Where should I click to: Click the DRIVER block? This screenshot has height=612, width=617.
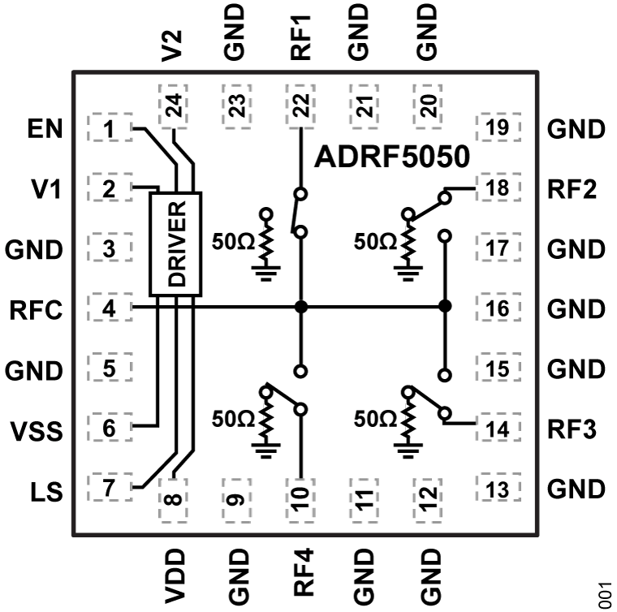tap(175, 244)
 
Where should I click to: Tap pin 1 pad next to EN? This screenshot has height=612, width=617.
tap(109, 128)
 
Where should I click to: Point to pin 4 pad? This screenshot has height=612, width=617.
tap(109, 308)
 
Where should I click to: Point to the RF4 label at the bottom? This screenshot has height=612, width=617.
tap(300, 572)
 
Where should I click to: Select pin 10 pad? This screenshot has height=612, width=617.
tap(301, 493)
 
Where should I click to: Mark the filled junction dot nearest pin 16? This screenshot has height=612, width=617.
tap(444, 307)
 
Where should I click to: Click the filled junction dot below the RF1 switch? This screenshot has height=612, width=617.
tap(301, 307)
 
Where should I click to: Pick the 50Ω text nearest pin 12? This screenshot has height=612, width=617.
tap(376, 419)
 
